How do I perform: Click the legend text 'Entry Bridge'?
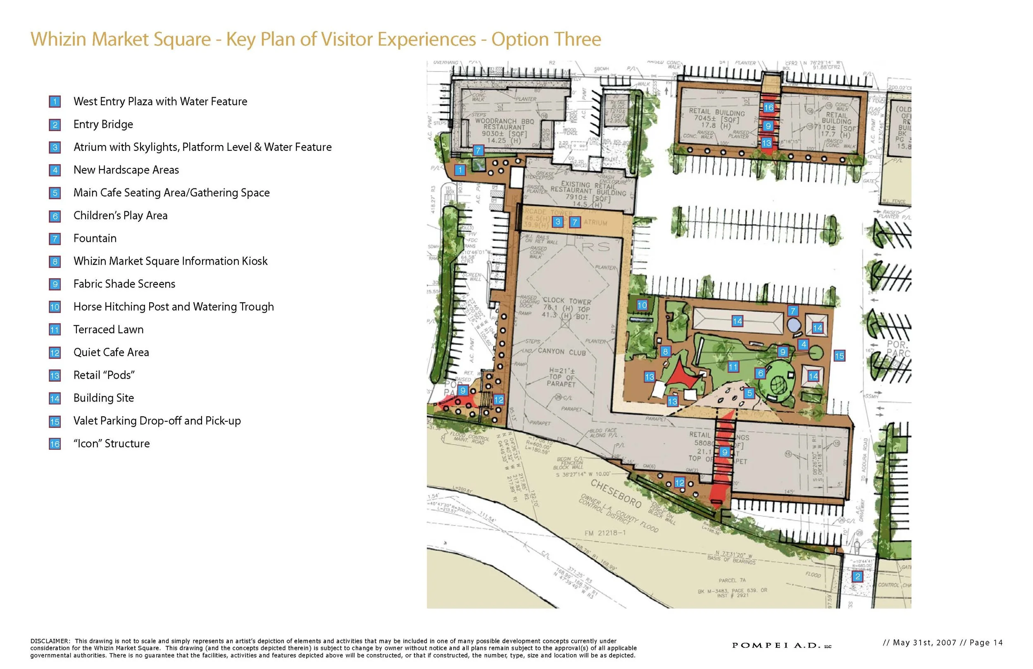click(x=103, y=125)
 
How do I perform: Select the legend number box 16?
click(x=55, y=444)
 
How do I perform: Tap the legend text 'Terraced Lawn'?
click(x=108, y=330)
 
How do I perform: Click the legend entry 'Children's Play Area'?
click(x=120, y=216)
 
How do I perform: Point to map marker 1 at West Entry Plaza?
click(x=460, y=170)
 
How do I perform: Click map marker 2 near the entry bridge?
click(x=857, y=577)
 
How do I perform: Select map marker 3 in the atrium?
click(x=558, y=222)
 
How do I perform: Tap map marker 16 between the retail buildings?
click(x=769, y=108)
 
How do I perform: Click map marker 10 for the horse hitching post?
click(x=642, y=305)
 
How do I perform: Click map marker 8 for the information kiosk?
click(x=665, y=351)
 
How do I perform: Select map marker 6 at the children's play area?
click(x=760, y=373)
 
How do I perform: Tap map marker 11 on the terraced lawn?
click(x=733, y=367)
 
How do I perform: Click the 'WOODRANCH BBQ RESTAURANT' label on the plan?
click(x=505, y=124)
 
